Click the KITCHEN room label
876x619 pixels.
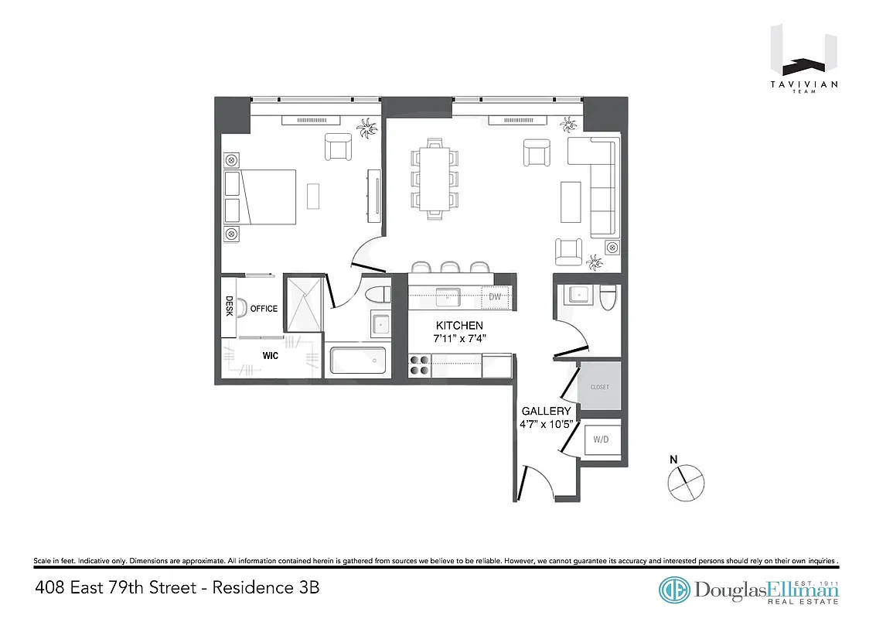point(459,326)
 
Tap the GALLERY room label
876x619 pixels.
point(546,411)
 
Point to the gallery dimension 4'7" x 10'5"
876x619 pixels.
point(546,425)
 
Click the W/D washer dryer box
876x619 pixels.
point(600,439)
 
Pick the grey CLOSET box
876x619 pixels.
point(599,386)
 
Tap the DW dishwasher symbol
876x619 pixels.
point(495,296)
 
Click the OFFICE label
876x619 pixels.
point(264,309)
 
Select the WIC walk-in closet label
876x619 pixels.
point(270,357)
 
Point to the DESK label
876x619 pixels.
point(229,306)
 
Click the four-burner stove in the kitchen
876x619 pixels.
point(420,364)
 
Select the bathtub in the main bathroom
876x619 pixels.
point(358,360)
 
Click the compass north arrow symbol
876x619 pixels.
point(686,480)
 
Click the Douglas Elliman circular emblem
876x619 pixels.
point(674,590)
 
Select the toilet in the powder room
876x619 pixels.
point(608,296)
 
